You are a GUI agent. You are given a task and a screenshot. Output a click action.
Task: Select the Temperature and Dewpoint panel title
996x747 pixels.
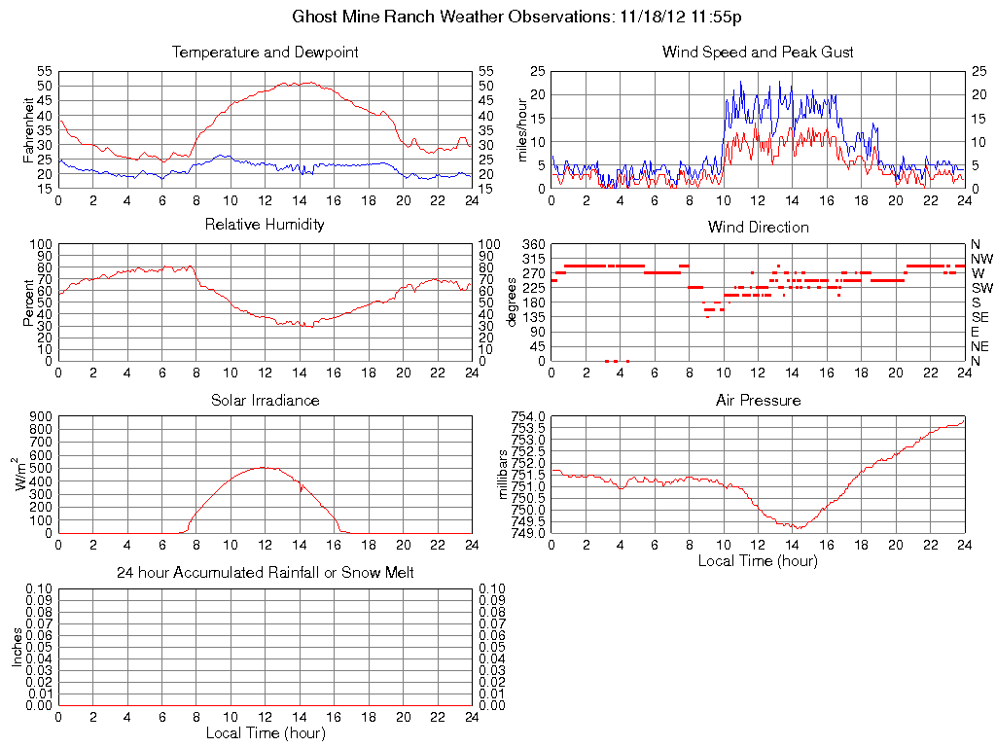coord(265,52)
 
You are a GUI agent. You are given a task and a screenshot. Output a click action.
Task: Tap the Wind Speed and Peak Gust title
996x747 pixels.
coord(758,52)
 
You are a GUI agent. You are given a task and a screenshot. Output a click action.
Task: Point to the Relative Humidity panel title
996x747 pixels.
coord(265,225)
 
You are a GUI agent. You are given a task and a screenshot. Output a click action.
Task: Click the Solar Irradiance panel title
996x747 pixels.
coord(265,400)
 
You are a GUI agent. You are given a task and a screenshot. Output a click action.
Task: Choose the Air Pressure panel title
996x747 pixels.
coord(758,400)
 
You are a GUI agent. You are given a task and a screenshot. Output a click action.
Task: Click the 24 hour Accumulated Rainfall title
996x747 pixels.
coord(265,573)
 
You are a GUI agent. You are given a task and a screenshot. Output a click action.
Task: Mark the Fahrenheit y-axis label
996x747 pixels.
coord(28,129)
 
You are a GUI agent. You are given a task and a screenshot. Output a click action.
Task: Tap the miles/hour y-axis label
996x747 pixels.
coord(521,129)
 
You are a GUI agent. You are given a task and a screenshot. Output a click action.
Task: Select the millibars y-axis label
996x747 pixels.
coord(503,474)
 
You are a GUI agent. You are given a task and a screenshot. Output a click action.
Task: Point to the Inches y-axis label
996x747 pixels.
coord(17,647)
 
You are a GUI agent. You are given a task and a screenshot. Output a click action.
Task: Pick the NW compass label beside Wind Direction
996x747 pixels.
coord(981,259)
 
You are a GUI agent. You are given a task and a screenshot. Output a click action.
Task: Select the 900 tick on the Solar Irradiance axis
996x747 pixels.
coord(40,416)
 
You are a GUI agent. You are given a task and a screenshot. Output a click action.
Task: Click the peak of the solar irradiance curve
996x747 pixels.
coord(263,467)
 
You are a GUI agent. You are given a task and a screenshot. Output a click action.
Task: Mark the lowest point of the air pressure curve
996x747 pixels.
coord(798,528)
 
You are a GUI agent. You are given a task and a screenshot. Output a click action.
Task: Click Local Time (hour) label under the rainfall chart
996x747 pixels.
coord(265,732)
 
